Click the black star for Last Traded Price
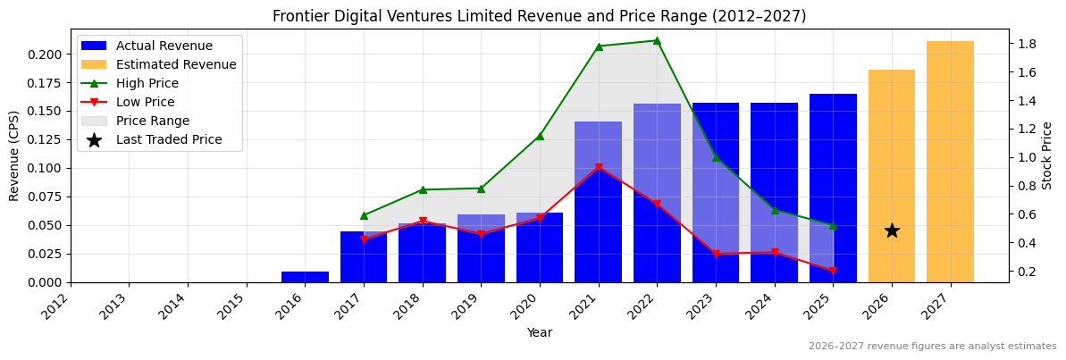pyautogui.click(x=892, y=230)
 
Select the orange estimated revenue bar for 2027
pyautogui.click(x=950, y=161)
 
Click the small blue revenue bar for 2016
pyautogui.click(x=305, y=277)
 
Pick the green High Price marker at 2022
pyautogui.click(x=657, y=40)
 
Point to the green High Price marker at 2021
pyautogui.click(x=598, y=46)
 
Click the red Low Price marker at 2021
pyautogui.click(x=598, y=168)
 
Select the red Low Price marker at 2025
pyautogui.click(x=833, y=271)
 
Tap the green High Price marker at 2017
pyautogui.click(x=364, y=215)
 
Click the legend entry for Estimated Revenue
pyautogui.click(x=176, y=64)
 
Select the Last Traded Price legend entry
pyautogui.click(x=169, y=139)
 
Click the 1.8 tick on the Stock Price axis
pyautogui.click(x=1027, y=44)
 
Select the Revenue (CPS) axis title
pyautogui.click(x=14, y=155)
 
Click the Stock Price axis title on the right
pyautogui.click(x=1047, y=155)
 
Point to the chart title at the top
pyautogui.click(x=539, y=16)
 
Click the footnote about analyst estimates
pyautogui.click(x=932, y=347)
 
